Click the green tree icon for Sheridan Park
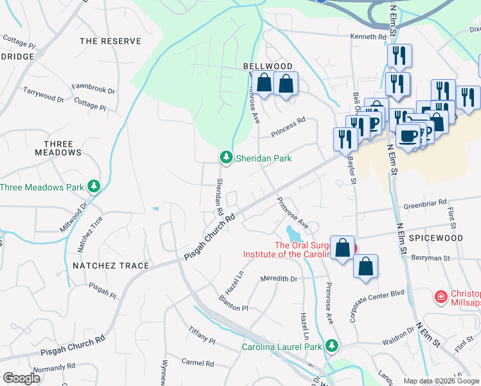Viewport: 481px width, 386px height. click(x=226, y=157)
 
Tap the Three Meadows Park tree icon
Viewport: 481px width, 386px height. click(x=94, y=187)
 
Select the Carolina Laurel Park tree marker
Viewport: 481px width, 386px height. click(x=332, y=346)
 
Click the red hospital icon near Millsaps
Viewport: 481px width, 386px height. click(x=440, y=297)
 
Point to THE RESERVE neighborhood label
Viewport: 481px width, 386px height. click(x=110, y=41)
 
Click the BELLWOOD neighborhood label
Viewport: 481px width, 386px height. click(x=268, y=66)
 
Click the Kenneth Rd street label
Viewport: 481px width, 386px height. click(x=368, y=37)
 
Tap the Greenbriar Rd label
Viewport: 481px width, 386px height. click(x=425, y=205)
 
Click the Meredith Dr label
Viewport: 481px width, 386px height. click(x=278, y=279)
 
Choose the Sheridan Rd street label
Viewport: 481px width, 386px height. click(x=219, y=197)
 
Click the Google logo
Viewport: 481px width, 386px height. click(x=21, y=378)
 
